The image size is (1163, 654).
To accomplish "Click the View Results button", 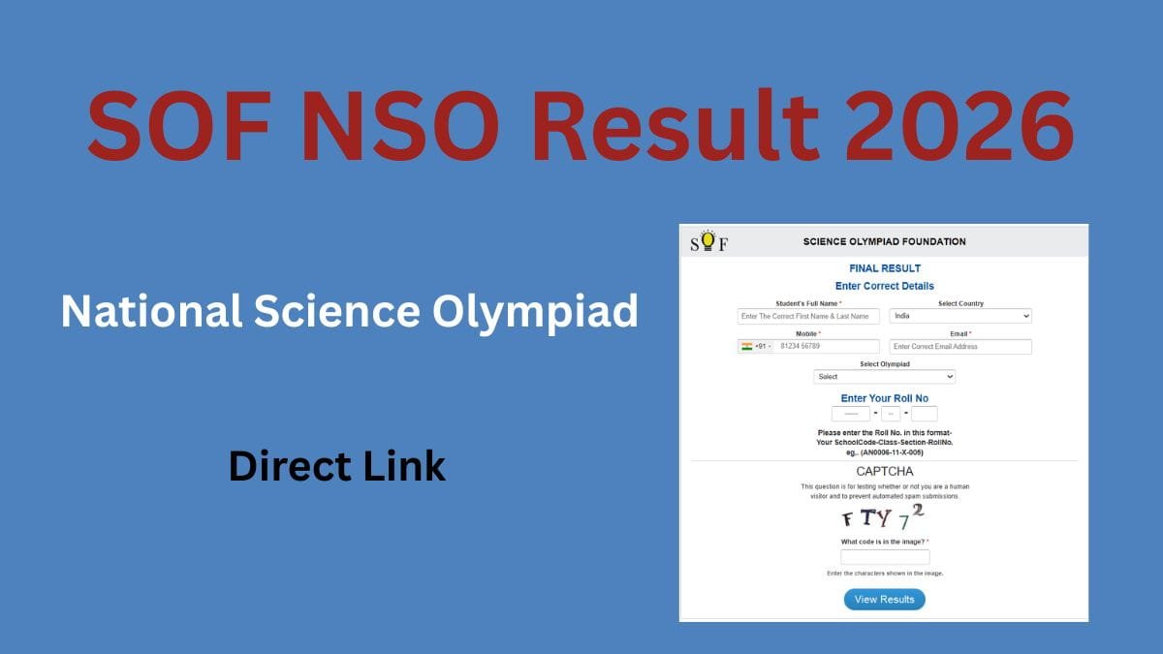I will pos(884,599).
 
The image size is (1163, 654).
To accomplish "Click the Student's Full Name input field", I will pos(808,316).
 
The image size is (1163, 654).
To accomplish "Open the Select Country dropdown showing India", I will pos(960,316).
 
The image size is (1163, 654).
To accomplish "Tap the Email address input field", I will pos(960,346).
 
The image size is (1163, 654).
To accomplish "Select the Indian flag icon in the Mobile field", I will pos(746,346).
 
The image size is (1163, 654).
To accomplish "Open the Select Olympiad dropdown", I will pos(884,376).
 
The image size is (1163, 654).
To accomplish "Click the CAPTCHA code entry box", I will pos(884,557).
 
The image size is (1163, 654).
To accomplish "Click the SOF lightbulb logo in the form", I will pos(708,241).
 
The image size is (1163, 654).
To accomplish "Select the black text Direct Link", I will pos(337,466).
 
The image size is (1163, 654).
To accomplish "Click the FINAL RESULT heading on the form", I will pos(884,268).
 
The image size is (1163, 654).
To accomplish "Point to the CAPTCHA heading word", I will pos(884,471).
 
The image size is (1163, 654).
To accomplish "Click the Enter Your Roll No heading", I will pos(884,398).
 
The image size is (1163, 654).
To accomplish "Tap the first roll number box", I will pos(850,414).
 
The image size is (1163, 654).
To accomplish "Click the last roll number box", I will pos(924,414).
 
